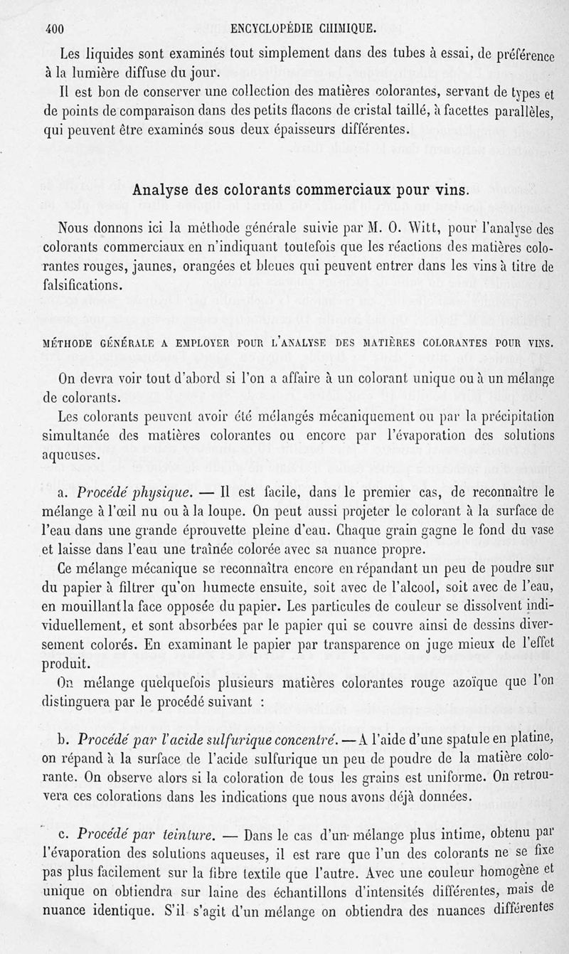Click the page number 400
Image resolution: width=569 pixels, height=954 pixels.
tap(55, 29)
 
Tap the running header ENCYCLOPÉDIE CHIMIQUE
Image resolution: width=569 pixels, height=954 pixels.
tap(304, 30)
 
